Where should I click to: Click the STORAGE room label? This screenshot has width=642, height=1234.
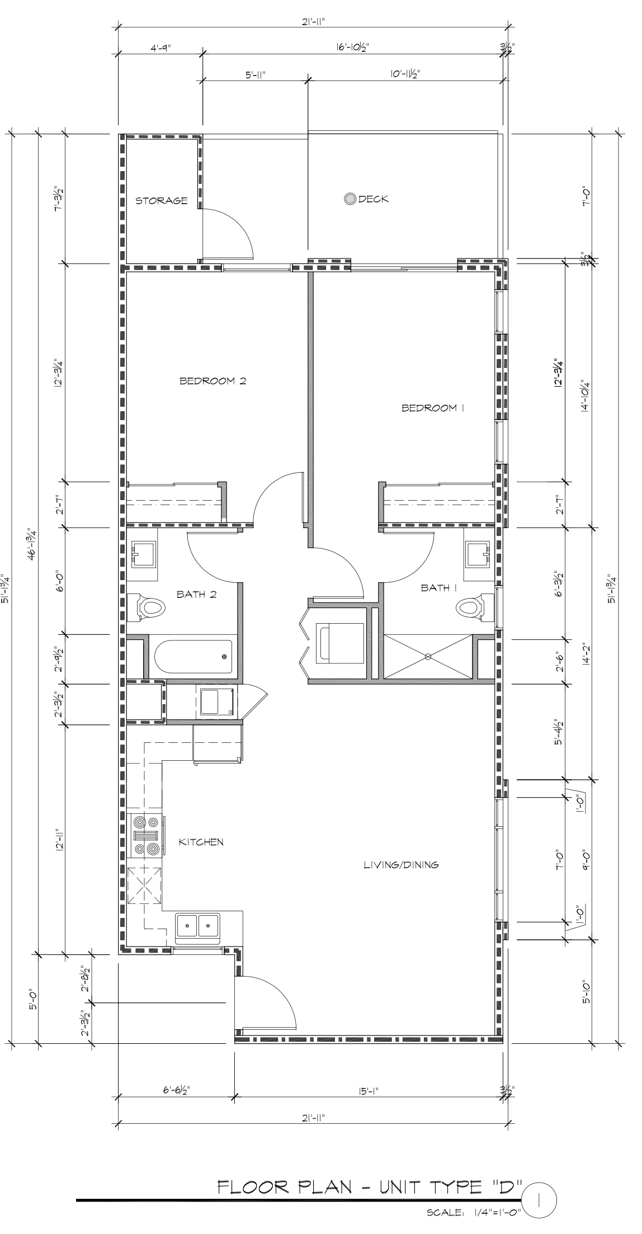coord(162,200)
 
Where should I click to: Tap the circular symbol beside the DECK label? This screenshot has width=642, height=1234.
coord(351,199)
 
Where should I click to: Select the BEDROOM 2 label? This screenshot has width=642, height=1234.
coord(213,381)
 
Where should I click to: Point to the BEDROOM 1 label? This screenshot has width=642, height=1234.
coord(433,408)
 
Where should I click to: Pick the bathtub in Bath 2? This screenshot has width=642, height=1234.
coord(192,657)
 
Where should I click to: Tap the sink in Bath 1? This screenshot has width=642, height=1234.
coord(478,554)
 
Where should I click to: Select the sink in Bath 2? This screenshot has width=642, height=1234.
coord(144,554)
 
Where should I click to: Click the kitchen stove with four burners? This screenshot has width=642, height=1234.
coord(147,835)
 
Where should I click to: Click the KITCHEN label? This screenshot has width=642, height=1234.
coord(201,842)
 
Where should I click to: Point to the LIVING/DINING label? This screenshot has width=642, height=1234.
coord(401,864)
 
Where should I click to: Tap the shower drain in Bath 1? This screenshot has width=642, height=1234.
coord(428,656)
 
